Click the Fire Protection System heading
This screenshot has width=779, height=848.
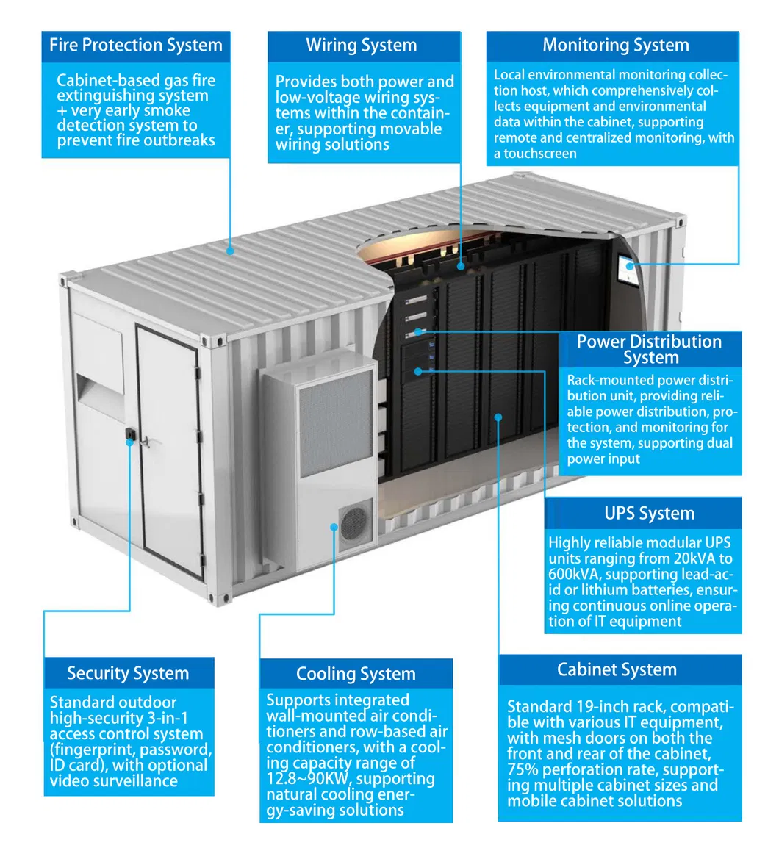point(135,46)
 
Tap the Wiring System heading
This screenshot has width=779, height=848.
point(361,46)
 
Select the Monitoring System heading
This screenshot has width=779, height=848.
point(615,46)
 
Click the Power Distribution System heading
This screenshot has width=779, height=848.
point(649,349)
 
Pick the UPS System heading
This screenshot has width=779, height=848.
point(649,514)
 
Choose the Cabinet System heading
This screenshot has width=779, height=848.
point(617,669)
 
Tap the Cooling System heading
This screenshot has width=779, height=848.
point(356,674)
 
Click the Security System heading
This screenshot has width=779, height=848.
point(128,673)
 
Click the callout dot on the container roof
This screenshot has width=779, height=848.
point(230,251)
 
